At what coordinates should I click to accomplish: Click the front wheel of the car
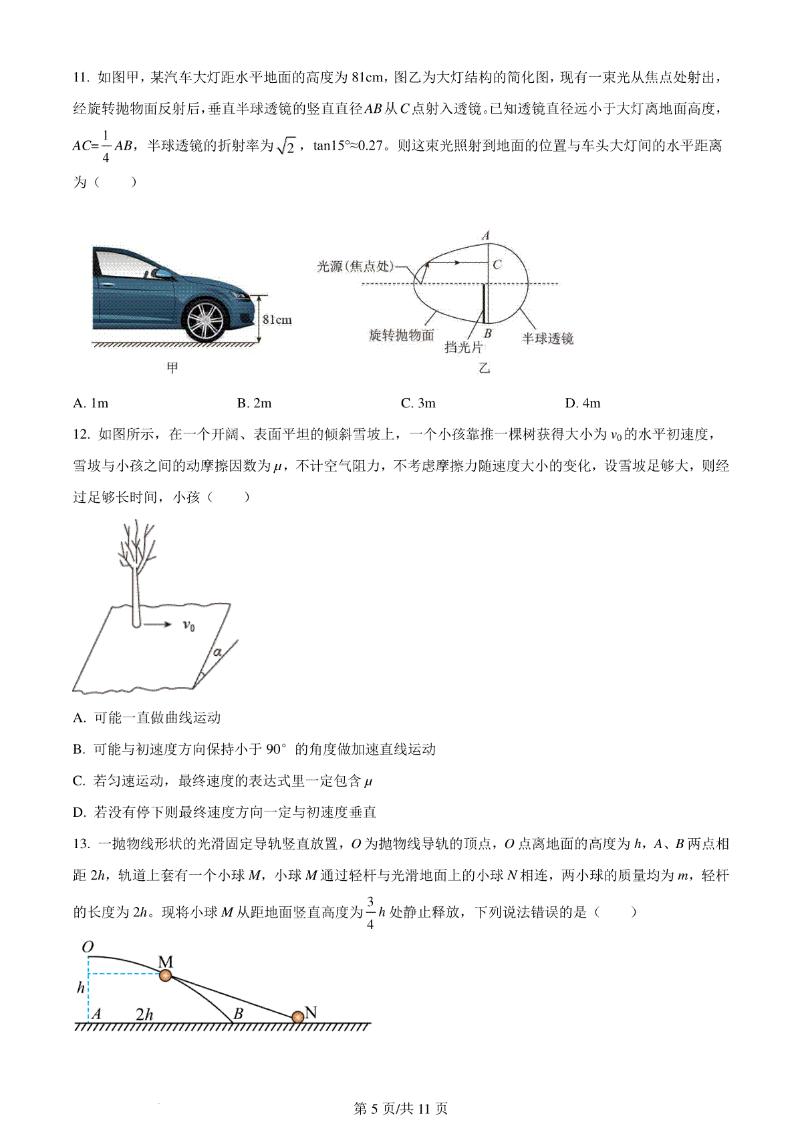pyautogui.click(x=204, y=321)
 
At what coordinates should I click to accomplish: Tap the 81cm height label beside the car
pyautogui.click(x=277, y=320)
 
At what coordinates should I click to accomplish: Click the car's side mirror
pyautogui.click(x=160, y=272)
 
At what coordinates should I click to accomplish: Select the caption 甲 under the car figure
pyautogui.click(x=172, y=368)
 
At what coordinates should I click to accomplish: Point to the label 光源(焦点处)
pyautogui.click(x=355, y=266)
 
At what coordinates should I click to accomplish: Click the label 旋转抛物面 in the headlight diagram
pyautogui.click(x=401, y=335)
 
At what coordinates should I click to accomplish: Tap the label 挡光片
pyautogui.click(x=462, y=347)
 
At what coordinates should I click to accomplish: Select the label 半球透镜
pyautogui.click(x=547, y=339)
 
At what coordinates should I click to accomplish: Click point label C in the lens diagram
pyautogui.click(x=497, y=264)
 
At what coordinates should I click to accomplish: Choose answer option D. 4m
pyautogui.click(x=582, y=403)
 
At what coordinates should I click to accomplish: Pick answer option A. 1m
pyautogui.click(x=90, y=403)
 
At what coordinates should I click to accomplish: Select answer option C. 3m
pyautogui.click(x=418, y=403)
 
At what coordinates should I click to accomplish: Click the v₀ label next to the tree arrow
pyautogui.click(x=189, y=626)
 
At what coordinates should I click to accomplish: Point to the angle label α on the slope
pyautogui.click(x=217, y=652)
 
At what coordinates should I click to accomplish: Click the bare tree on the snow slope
pyautogui.click(x=136, y=568)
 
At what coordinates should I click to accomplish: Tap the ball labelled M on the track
pyautogui.click(x=166, y=976)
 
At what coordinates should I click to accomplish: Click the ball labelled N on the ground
pyautogui.click(x=297, y=1017)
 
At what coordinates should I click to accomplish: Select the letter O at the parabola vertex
pyautogui.click(x=88, y=947)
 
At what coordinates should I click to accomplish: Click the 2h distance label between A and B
pyautogui.click(x=144, y=1014)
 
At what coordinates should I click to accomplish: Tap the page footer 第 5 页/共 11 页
pyautogui.click(x=400, y=1109)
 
